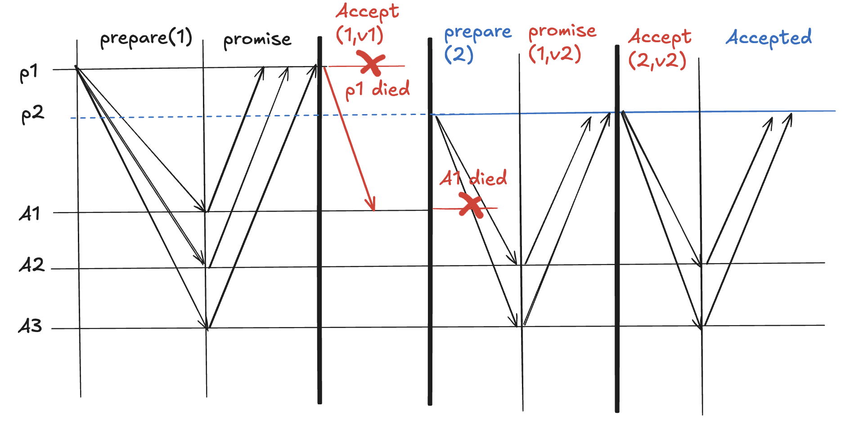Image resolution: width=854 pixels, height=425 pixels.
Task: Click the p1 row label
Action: (x=29, y=73)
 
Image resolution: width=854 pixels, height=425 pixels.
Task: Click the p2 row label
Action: (x=32, y=115)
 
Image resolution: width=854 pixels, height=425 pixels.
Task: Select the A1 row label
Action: (x=30, y=214)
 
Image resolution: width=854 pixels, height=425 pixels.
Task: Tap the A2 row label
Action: (x=31, y=265)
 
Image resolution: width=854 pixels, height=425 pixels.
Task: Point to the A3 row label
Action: (x=30, y=326)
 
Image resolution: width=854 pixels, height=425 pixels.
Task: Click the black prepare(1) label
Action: (x=146, y=38)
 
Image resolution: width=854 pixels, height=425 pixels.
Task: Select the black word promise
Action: (x=257, y=40)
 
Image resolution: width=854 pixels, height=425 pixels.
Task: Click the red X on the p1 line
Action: (x=371, y=63)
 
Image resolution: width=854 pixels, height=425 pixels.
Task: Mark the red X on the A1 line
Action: (x=471, y=206)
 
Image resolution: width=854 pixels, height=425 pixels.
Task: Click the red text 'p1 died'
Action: (x=377, y=89)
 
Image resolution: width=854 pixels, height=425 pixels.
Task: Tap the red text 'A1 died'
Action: (x=473, y=178)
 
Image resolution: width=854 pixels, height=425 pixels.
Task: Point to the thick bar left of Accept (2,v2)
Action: (x=617, y=225)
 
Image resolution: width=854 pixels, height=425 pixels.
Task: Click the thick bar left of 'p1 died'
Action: (x=319, y=225)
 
